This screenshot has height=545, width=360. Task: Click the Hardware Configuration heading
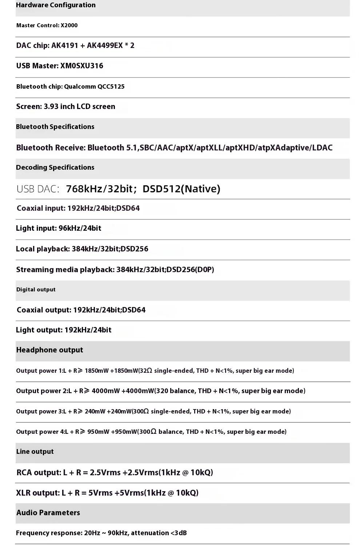[x=56, y=5]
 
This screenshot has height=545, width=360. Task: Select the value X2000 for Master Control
[x=69, y=25]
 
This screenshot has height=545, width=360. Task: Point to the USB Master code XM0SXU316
[x=82, y=66]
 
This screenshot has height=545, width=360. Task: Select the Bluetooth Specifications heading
[x=55, y=127]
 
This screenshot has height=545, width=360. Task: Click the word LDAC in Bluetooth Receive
[x=322, y=148]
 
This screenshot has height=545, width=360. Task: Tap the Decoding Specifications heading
[x=55, y=167]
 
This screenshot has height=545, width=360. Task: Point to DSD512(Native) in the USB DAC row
[x=181, y=189]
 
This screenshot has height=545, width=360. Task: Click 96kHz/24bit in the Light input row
[x=80, y=228]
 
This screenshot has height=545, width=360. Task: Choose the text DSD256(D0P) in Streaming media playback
[x=190, y=270]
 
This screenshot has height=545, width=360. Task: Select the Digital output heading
[x=36, y=290]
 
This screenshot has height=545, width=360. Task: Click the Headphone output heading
[x=49, y=350]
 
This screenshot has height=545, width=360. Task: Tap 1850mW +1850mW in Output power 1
[x=111, y=371]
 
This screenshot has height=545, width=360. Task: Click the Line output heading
[x=35, y=452]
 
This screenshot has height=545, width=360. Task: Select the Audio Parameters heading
[x=48, y=513]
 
